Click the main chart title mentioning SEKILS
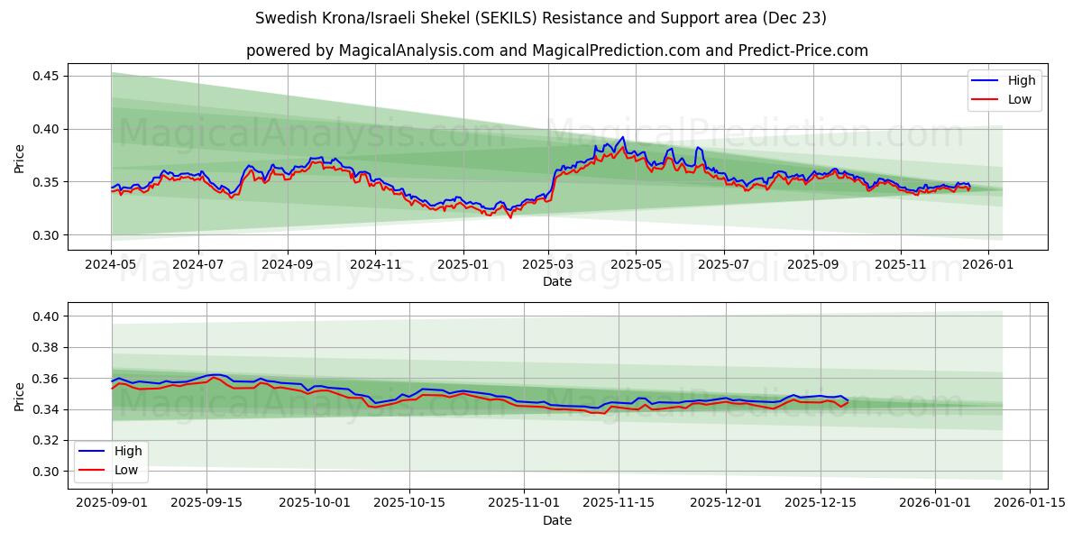click(541, 18)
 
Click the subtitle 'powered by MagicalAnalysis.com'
click(556, 50)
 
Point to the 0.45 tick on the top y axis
click(44, 76)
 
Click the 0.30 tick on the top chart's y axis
click(44, 235)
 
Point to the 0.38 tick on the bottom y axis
click(44, 347)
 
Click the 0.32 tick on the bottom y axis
click(44, 440)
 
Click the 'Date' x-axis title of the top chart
click(556, 282)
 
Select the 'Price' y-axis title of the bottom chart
click(19, 396)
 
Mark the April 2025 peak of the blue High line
click(622, 137)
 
